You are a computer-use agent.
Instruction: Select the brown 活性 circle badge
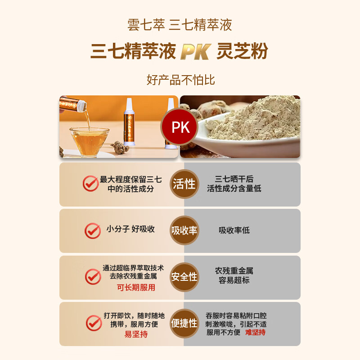click(184, 184)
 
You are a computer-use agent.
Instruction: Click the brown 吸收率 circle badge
click(184, 230)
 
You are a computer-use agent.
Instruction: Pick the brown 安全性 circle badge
click(184, 277)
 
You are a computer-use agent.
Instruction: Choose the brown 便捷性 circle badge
click(184, 323)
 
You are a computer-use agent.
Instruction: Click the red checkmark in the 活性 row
click(90, 184)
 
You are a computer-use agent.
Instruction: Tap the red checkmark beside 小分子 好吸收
click(93, 230)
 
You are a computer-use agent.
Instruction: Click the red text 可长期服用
click(136, 288)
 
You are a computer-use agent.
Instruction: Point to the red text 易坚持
click(136, 334)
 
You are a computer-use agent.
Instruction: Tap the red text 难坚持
click(255, 333)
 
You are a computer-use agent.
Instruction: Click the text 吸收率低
click(234, 230)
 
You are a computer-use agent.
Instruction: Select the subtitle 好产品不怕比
click(180, 80)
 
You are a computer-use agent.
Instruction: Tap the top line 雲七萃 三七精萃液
click(180, 25)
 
